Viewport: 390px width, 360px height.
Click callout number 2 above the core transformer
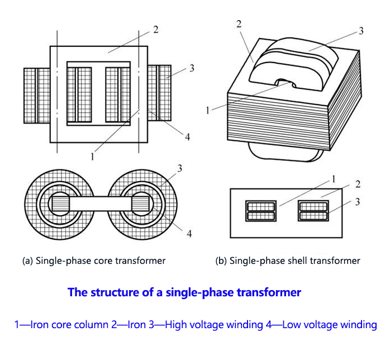tap(155, 30)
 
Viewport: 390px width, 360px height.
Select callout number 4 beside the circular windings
tap(189, 233)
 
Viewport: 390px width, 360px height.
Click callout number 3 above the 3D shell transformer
tap(361, 31)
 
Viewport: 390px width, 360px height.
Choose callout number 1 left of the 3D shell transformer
tap(207, 110)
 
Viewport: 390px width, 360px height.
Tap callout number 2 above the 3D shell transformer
tap(239, 23)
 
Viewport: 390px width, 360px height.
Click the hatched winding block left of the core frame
tap(37, 95)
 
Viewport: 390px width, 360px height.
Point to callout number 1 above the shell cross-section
tap(334, 179)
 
